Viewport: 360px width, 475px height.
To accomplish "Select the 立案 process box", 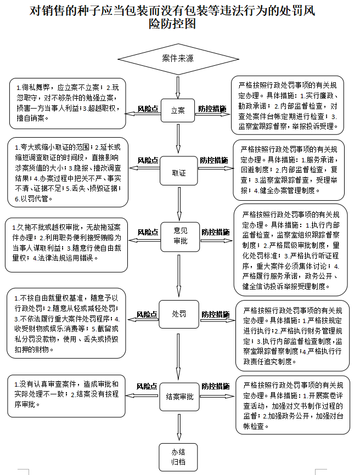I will [x=178, y=110].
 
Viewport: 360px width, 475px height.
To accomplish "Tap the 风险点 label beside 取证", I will [x=148, y=160].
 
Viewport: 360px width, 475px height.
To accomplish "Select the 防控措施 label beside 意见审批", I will [x=215, y=231].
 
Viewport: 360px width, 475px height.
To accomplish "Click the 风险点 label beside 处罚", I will [x=147, y=314].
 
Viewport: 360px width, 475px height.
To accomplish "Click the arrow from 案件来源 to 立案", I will [x=178, y=86].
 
